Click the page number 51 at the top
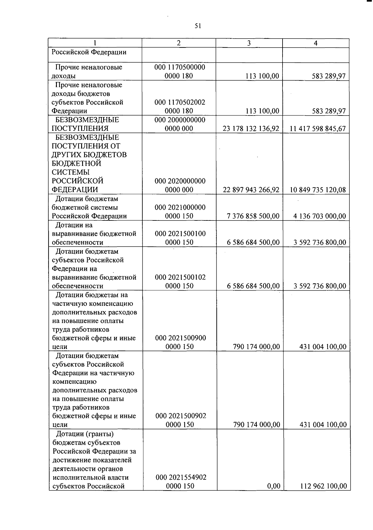pyautogui.click(x=198, y=26)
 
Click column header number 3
pyautogui.click(x=249, y=43)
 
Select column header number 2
pyautogui.click(x=178, y=43)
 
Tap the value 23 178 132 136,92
pyautogui.click(x=251, y=129)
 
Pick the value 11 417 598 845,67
pyautogui.click(x=317, y=129)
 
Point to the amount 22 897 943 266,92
pyautogui.click(x=251, y=190)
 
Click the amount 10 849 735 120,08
pyautogui.click(x=318, y=190)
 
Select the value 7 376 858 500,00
pyautogui.click(x=253, y=216)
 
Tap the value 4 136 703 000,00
pyautogui.click(x=320, y=216)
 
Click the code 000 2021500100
pyautogui.click(x=180, y=234)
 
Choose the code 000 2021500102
pyautogui.click(x=180, y=277)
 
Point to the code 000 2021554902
pyautogui.click(x=181, y=478)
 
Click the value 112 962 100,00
pyautogui.click(x=323, y=486)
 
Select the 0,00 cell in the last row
pyautogui.click(x=274, y=486)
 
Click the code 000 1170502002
pyautogui.click(x=180, y=102)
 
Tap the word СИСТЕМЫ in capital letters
pyautogui.click(x=71, y=172)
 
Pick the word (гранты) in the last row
pyautogui.click(x=99, y=434)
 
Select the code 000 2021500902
pyautogui.click(x=181, y=416)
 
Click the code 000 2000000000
pyautogui.click(x=180, y=120)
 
